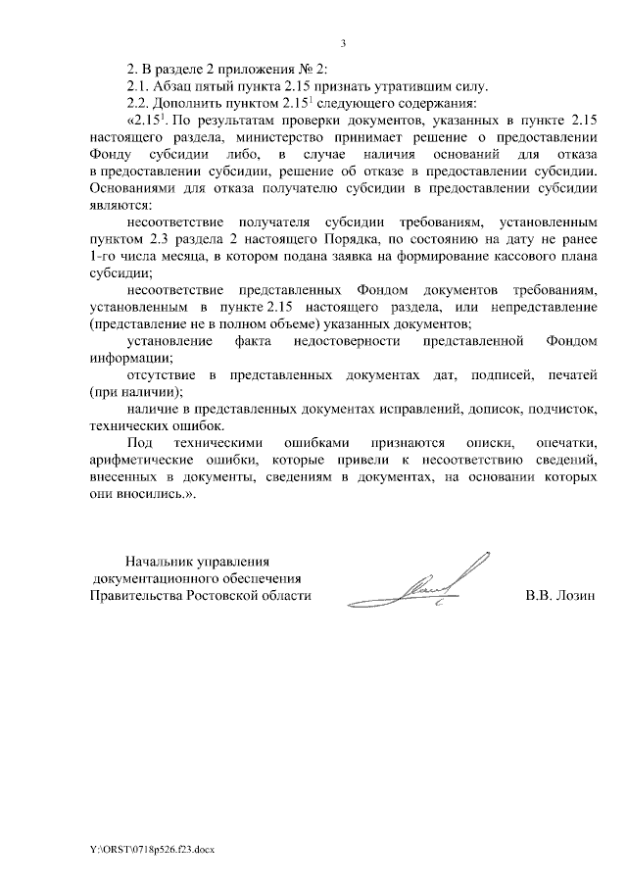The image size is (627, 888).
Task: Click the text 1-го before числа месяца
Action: point(103,259)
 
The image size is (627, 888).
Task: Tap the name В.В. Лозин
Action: point(560,596)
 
